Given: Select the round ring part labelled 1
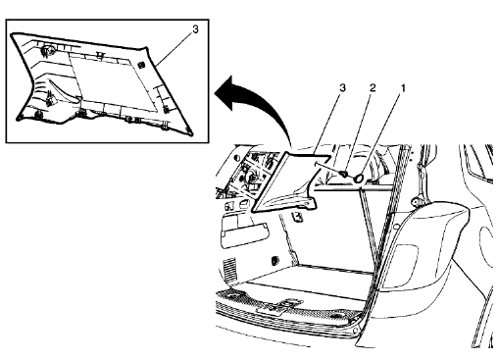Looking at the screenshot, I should pyautogui.click(x=359, y=178).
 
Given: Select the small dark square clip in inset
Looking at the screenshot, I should pyautogui.click(x=142, y=64).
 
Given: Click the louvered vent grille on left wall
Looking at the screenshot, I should pyautogui.click(x=229, y=267).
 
